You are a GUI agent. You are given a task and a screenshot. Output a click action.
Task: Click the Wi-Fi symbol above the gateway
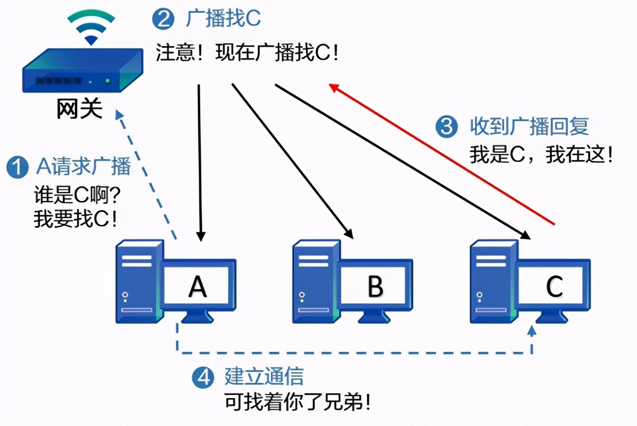pyautogui.click(x=91, y=26)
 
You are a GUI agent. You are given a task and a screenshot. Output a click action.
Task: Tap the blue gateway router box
pyautogui.click(x=82, y=72)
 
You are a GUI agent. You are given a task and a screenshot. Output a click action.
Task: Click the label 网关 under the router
pyautogui.click(x=79, y=109)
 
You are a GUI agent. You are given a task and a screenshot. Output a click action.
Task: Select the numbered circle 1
pyautogui.click(x=17, y=167)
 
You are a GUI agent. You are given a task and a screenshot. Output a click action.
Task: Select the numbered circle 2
pyautogui.click(x=163, y=20)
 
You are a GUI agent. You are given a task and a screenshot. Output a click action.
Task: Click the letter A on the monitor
pyautogui.click(x=197, y=286)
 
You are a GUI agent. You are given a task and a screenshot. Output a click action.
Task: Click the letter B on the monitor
pyautogui.click(x=375, y=286)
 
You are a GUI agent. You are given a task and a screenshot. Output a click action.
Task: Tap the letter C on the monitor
pyautogui.click(x=554, y=286)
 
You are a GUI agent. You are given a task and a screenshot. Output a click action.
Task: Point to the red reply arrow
pyautogui.click(x=443, y=155)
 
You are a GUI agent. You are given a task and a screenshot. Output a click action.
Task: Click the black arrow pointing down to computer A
pyautogui.click(x=200, y=163)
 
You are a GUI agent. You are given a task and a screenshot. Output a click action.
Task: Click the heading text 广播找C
pyautogui.click(x=223, y=20)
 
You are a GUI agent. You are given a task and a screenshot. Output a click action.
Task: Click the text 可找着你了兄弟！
pyautogui.click(x=298, y=402)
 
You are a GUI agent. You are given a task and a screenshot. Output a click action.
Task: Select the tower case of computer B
pyautogui.click(x=314, y=282)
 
